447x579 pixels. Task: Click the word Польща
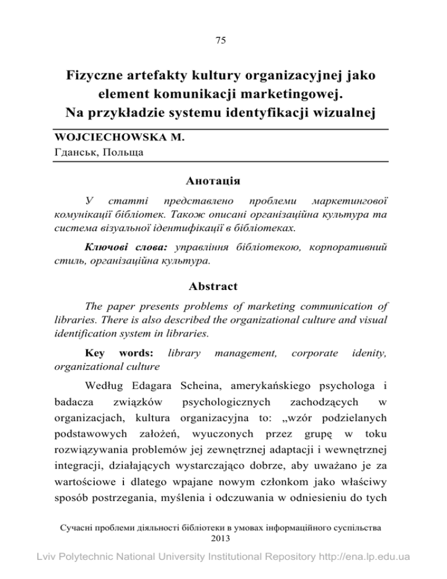click(x=125, y=152)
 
